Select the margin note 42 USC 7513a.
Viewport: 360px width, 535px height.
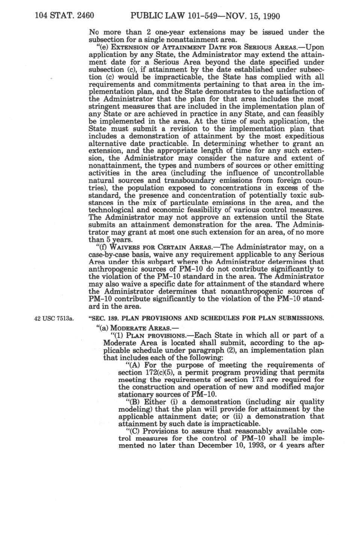pos(53,319)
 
